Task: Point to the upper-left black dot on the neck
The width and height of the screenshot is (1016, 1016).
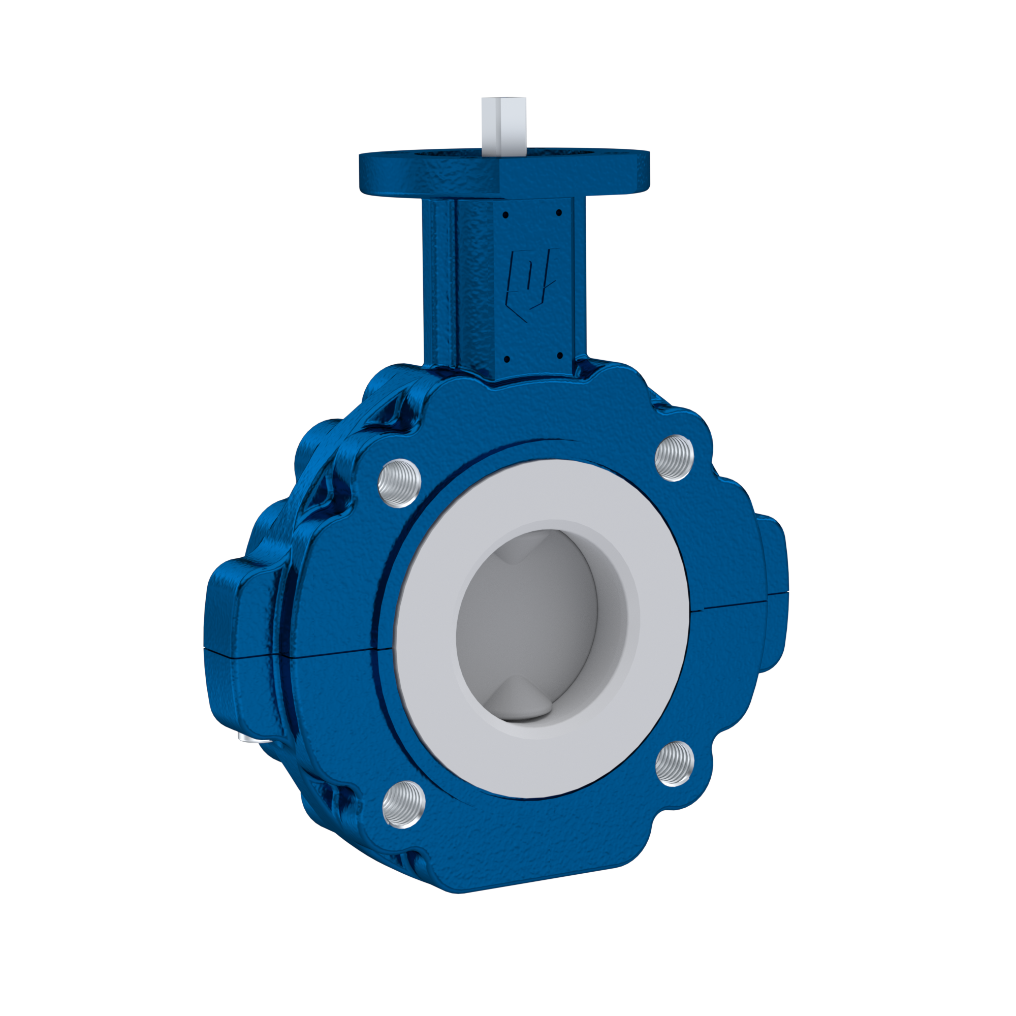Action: pyautogui.click(x=505, y=214)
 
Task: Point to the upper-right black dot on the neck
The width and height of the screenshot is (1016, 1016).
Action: pyautogui.click(x=558, y=213)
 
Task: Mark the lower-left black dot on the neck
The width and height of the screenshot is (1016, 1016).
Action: pyautogui.click(x=505, y=359)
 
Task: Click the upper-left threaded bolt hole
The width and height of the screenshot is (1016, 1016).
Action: pyautogui.click(x=400, y=483)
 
